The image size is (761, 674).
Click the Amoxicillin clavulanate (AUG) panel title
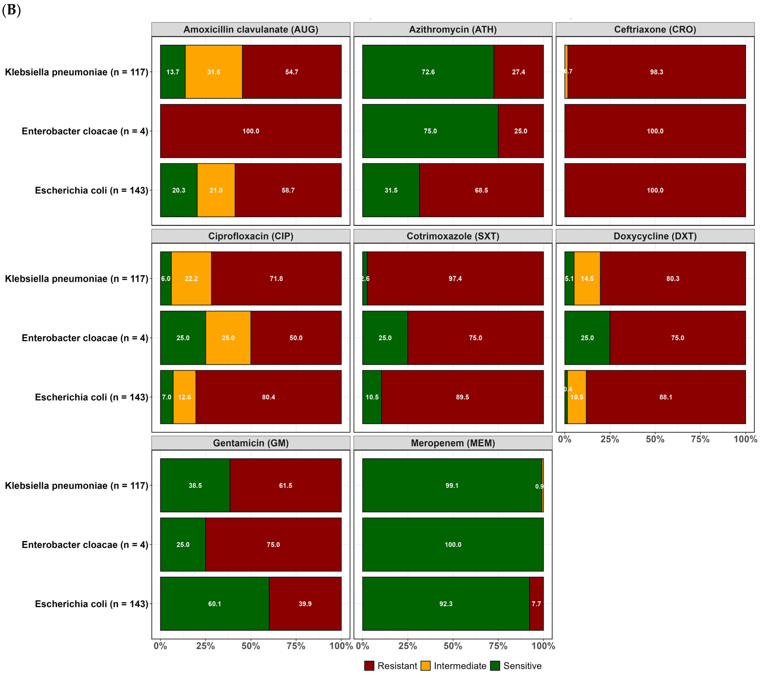click(251, 29)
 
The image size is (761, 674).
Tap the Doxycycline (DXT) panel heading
click(655, 236)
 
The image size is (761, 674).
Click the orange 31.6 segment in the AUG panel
click(214, 72)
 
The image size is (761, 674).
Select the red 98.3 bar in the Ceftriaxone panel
click(656, 72)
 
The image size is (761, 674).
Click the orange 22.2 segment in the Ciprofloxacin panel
click(191, 278)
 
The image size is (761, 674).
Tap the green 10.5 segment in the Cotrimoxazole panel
click(372, 397)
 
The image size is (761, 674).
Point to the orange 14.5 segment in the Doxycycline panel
click(587, 278)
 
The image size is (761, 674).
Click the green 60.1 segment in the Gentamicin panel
click(214, 604)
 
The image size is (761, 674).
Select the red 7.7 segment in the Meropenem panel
click(536, 604)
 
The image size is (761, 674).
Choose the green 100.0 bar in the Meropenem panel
click(453, 544)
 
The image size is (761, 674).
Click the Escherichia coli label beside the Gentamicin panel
click(91, 604)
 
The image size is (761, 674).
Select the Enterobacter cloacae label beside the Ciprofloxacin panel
click(85, 338)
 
